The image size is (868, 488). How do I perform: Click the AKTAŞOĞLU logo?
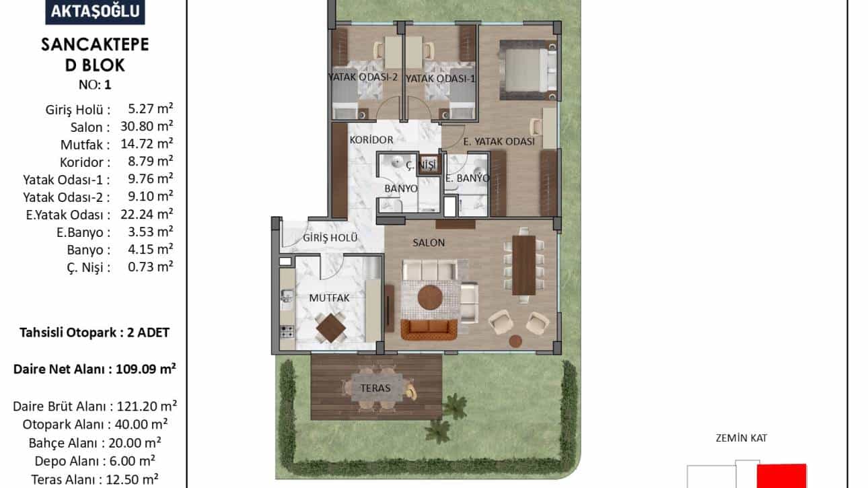(x=95, y=11)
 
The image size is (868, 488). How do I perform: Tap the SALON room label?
(x=429, y=242)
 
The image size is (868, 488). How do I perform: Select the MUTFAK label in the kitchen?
(x=330, y=298)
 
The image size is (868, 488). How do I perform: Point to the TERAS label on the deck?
(x=375, y=388)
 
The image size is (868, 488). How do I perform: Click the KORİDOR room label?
(x=371, y=139)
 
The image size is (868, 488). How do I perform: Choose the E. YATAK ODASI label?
(x=499, y=141)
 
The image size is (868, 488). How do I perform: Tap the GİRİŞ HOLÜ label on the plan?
(x=330, y=237)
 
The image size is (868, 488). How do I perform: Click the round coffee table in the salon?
(x=430, y=298)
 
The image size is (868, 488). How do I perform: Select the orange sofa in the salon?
(x=429, y=329)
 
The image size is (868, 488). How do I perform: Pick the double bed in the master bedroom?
(x=528, y=70)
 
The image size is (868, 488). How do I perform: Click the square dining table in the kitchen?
(x=330, y=328)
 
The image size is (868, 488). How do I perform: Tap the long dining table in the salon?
(x=524, y=265)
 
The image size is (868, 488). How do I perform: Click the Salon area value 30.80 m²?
(x=147, y=126)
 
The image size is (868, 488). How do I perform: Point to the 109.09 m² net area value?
(x=146, y=369)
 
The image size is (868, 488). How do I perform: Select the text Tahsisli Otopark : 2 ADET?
(x=95, y=333)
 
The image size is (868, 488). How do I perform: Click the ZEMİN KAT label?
(x=741, y=438)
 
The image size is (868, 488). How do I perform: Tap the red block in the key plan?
(x=782, y=476)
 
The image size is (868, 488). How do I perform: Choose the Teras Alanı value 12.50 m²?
(x=132, y=479)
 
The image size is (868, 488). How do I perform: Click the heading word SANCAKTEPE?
(x=95, y=44)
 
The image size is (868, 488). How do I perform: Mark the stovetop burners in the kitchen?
(x=287, y=333)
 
